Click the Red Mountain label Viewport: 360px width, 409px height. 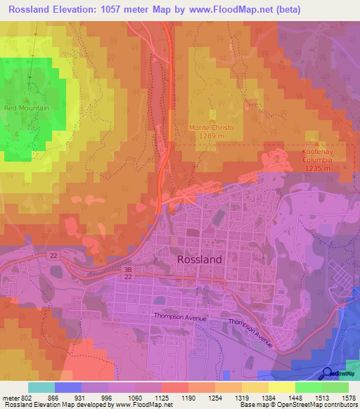[27, 108]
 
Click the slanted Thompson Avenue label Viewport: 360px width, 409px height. [250, 332]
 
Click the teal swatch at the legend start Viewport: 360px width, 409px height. [41, 387]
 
